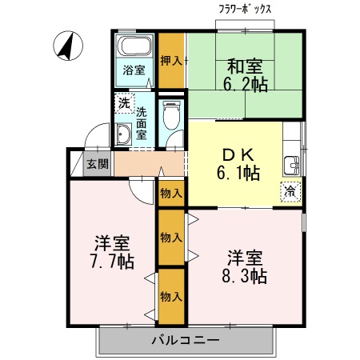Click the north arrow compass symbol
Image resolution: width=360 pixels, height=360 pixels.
68,46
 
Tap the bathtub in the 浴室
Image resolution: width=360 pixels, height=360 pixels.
134,46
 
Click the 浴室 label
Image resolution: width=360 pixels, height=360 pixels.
134,70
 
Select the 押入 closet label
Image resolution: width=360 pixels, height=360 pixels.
171,61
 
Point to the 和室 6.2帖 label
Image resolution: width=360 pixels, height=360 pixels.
245,75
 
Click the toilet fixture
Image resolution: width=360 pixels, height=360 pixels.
171,115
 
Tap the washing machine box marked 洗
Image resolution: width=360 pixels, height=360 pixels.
125,103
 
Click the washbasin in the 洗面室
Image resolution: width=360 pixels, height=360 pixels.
123,134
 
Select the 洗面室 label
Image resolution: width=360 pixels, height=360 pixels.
142,123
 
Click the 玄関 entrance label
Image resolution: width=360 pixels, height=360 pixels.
98,163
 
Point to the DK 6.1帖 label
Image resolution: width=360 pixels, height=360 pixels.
238,164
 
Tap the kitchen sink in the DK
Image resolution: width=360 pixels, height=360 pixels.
292,166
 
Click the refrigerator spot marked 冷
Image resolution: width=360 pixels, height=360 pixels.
290,191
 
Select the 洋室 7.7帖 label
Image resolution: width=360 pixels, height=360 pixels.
112,252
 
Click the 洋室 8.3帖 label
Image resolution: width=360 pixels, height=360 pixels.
245,266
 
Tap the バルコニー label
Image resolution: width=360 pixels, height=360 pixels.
186,340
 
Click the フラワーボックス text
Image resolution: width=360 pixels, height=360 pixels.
245,10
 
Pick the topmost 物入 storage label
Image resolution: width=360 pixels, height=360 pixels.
171,194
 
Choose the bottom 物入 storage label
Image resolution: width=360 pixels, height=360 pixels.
171,297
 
